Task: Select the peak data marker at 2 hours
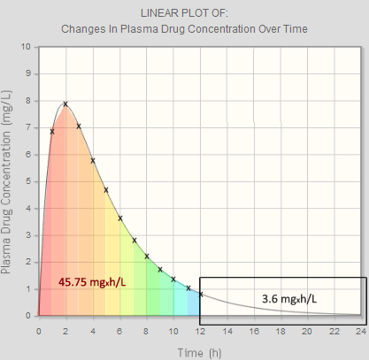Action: click(x=65, y=104)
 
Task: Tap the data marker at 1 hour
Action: click(x=52, y=132)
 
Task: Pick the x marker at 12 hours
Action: click(x=200, y=294)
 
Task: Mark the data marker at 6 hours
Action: click(x=119, y=218)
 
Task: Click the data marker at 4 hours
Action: click(x=93, y=160)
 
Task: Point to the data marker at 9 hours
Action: click(x=160, y=269)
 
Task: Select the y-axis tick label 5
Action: click(x=28, y=181)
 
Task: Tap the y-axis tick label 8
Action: click(x=28, y=101)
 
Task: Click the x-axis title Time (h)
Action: click(x=199, y=351)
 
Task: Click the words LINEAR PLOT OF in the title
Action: click(x=183, y=14)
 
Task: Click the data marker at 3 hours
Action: click(x=79, y=126)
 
